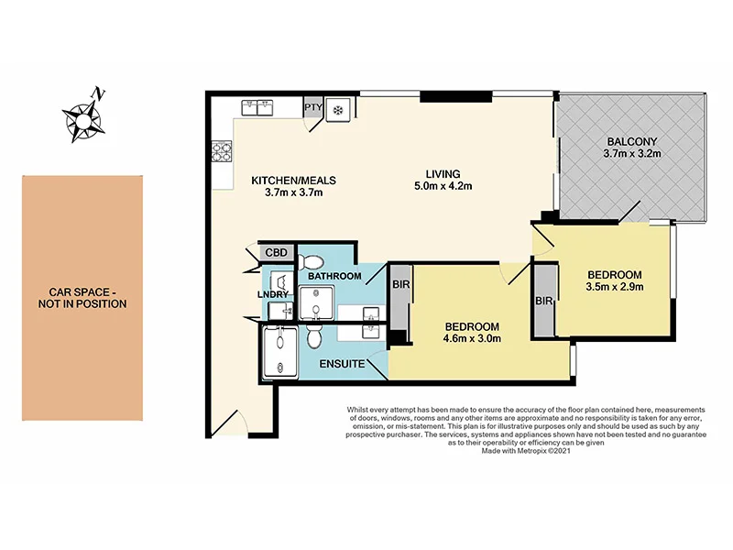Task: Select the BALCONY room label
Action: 632,141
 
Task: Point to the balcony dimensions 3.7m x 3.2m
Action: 632,156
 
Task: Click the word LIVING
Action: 442,173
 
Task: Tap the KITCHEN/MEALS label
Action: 288,181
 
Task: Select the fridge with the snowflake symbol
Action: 337,109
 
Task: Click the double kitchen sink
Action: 260,108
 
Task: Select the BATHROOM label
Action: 334,275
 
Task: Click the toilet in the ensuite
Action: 314,336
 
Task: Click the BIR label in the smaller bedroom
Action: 544,301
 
